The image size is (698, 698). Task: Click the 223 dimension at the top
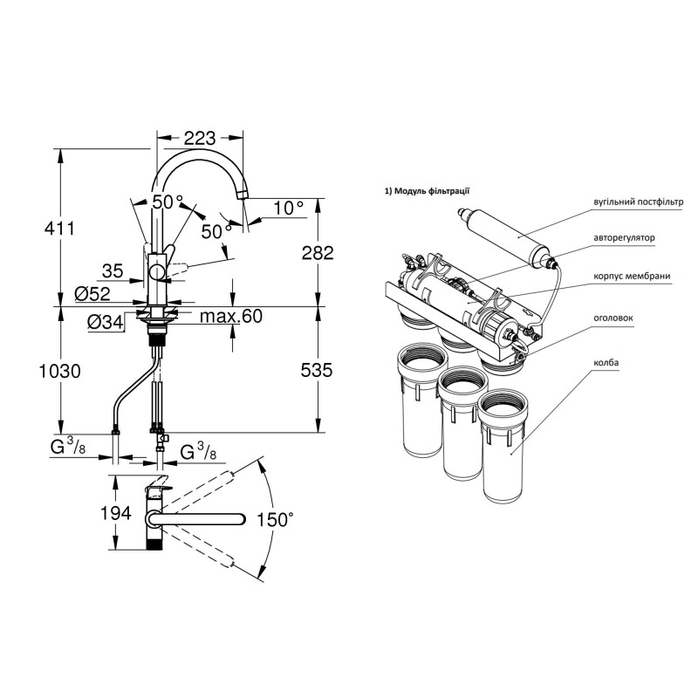click(200, 139)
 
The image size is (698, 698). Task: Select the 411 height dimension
click(59, 229)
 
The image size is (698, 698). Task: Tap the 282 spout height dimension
click(318, 253)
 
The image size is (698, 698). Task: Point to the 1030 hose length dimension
click(59, 371)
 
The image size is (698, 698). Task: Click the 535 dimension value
click(317, 370)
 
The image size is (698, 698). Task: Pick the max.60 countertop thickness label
click(231, 316)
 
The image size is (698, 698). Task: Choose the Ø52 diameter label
click(92, 293)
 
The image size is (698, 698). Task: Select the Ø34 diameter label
click(105, 322)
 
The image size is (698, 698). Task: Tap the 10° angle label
click(288, 208)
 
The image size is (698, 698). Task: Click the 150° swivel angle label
click(275, 519)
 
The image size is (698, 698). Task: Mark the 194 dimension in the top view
click(116, 513)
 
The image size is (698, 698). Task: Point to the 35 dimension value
click(113, 270)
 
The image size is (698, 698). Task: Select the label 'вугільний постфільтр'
click(638, 202)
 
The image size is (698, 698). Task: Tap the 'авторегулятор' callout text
click(624, 237)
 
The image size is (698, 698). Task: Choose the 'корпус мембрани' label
click(632, 276)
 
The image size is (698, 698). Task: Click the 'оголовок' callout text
click(612, 318)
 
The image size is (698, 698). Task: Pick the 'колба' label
click(606, 362)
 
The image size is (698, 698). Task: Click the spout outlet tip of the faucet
click(243, 196)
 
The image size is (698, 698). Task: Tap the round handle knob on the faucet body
click(157, 271)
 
